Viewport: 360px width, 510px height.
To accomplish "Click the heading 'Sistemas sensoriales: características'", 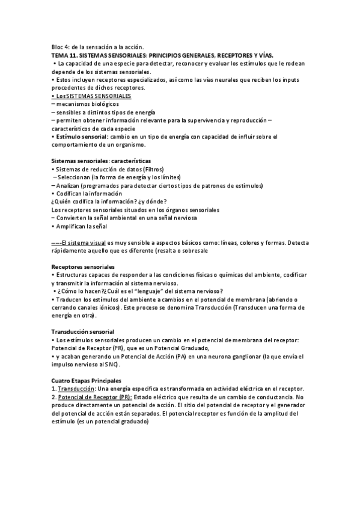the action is pyautogui.click(x=101, y=161).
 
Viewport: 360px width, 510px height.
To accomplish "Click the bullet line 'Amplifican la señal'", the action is pyautogui.click(x=81, y=227).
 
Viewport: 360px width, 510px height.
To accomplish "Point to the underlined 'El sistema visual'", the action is pyautogui.click(x=78, y=242).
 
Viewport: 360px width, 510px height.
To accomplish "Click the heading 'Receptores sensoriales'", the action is pyautogui.click(x=83, y=267).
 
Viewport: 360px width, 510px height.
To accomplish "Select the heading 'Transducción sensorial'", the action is pyautogui.click(x=83, y=332).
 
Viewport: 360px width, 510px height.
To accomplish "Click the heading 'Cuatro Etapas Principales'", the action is pyautogui.click(x=86, y=381).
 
